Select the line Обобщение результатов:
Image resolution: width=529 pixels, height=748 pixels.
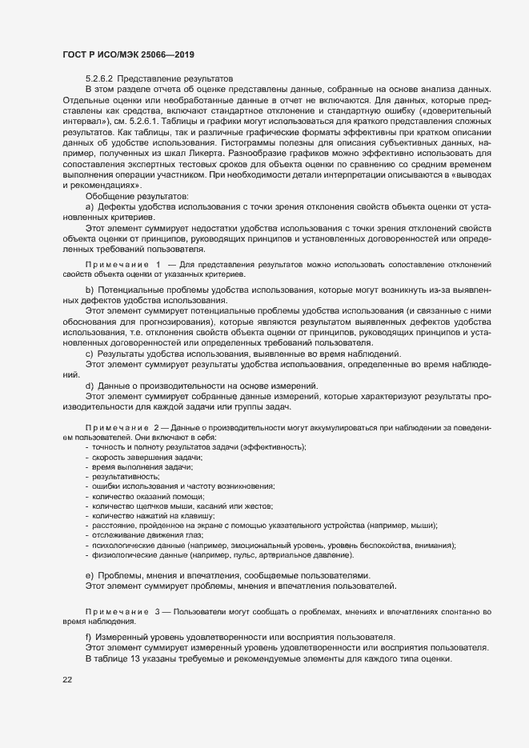coord(137,196)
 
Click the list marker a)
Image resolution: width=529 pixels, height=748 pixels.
coord(90,206)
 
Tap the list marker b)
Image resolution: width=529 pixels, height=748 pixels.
coord(90,288)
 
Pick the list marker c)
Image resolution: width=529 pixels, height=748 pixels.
coord(90,354)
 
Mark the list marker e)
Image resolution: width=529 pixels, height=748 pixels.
coord(90,575)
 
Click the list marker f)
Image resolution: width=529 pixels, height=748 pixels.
coord(89,637)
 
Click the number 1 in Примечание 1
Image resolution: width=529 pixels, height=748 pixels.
coord(158,263)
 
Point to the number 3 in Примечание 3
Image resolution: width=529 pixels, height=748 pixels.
coord(158,612)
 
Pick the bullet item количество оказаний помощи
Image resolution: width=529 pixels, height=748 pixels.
coord(142,496)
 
